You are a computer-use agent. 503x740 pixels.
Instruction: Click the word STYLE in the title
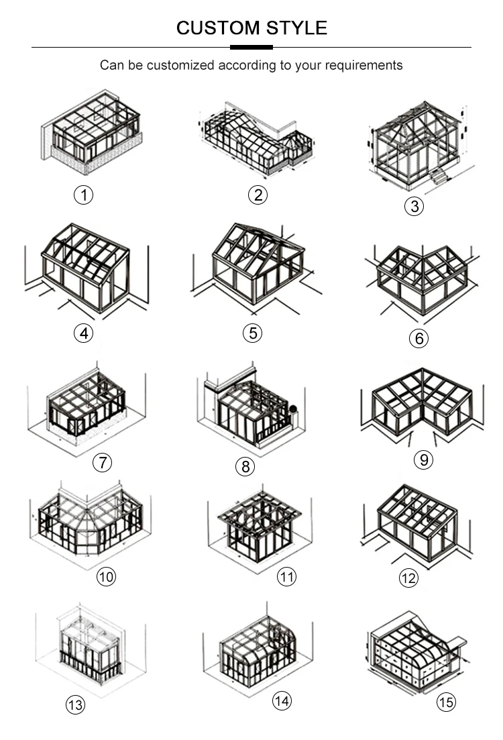tap(297, 28)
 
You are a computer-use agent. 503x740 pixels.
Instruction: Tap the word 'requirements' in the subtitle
tap(364, 65)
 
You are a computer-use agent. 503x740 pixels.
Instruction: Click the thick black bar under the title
tap(251, 47)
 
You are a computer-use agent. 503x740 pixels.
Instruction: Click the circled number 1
tap(84, 195)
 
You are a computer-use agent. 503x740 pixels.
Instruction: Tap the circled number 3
tap(414, 206)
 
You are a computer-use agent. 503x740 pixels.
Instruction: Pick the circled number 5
tap(252, 333)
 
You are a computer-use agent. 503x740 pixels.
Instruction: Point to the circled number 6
tap(418, 338)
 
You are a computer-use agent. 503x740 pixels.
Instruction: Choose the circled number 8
tap(245, 466)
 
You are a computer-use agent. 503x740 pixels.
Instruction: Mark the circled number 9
tap(424, 459)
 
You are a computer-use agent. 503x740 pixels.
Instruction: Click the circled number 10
tap(106, 576)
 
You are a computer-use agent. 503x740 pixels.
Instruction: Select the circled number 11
tap(286, 576)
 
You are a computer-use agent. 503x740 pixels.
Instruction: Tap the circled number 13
tap(75, 705)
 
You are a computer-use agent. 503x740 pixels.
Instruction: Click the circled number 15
tap(447, 702)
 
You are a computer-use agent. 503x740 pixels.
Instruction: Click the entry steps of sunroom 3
tap(439, 176)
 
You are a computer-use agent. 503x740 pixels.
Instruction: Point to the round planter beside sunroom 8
tap(293, 409)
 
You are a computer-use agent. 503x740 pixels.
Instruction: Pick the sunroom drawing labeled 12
tap(417, 523)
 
